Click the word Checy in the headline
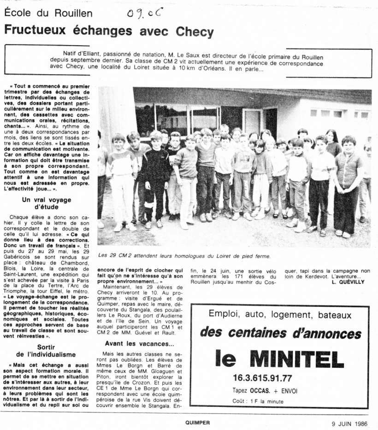(x=195, y=31)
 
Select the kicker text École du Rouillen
(x=48, y=13)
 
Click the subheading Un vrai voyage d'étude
(x=47, y=203)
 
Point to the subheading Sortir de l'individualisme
(x=46, y=350)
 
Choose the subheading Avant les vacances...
(x=139, y=343)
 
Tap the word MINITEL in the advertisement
(x=298, y=359)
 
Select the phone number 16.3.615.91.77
(x=262, y=378)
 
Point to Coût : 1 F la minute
(x=258, y=401)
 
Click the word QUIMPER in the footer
(x=198, y=422)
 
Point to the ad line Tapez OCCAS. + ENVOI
(x=265, y=390)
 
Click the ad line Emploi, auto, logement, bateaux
(x=280, y=315)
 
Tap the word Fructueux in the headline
(x=35, y=31)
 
